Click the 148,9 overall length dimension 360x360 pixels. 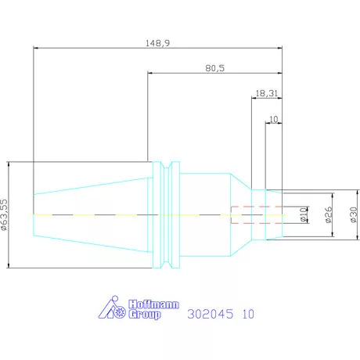tap(157, 43)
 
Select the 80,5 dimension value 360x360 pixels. tap(215, 68)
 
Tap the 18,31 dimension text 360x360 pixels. tap(267, 93)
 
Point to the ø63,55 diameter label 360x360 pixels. tap(4, 214)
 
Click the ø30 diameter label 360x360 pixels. tap(354, 214)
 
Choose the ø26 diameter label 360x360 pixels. tap(329, 214)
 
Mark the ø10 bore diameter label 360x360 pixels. tap(304, 214)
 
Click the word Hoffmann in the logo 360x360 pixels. tap(153, 304)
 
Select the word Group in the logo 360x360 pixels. tap(144, 314)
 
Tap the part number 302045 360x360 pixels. tap(211, 314)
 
